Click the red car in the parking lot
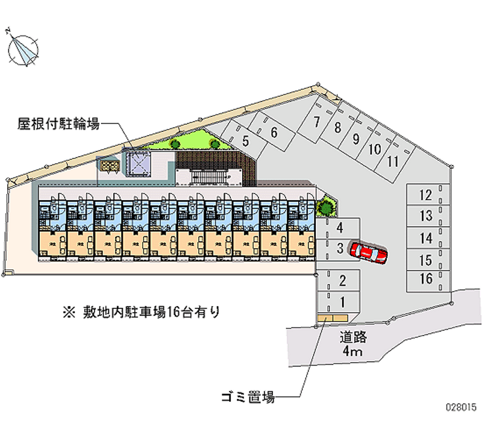point(370,253)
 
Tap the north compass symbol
point(23,48)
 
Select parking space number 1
point(342,302)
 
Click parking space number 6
point(273,133)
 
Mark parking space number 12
point(426,195)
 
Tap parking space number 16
point(426,278)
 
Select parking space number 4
point(340,228)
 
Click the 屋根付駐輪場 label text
point(58,124)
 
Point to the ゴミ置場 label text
point(248,397)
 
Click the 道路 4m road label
point(353,344)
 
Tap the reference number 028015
point(460,424)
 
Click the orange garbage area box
point(331,317)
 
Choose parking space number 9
point(356,139)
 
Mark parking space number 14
point(426,237)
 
